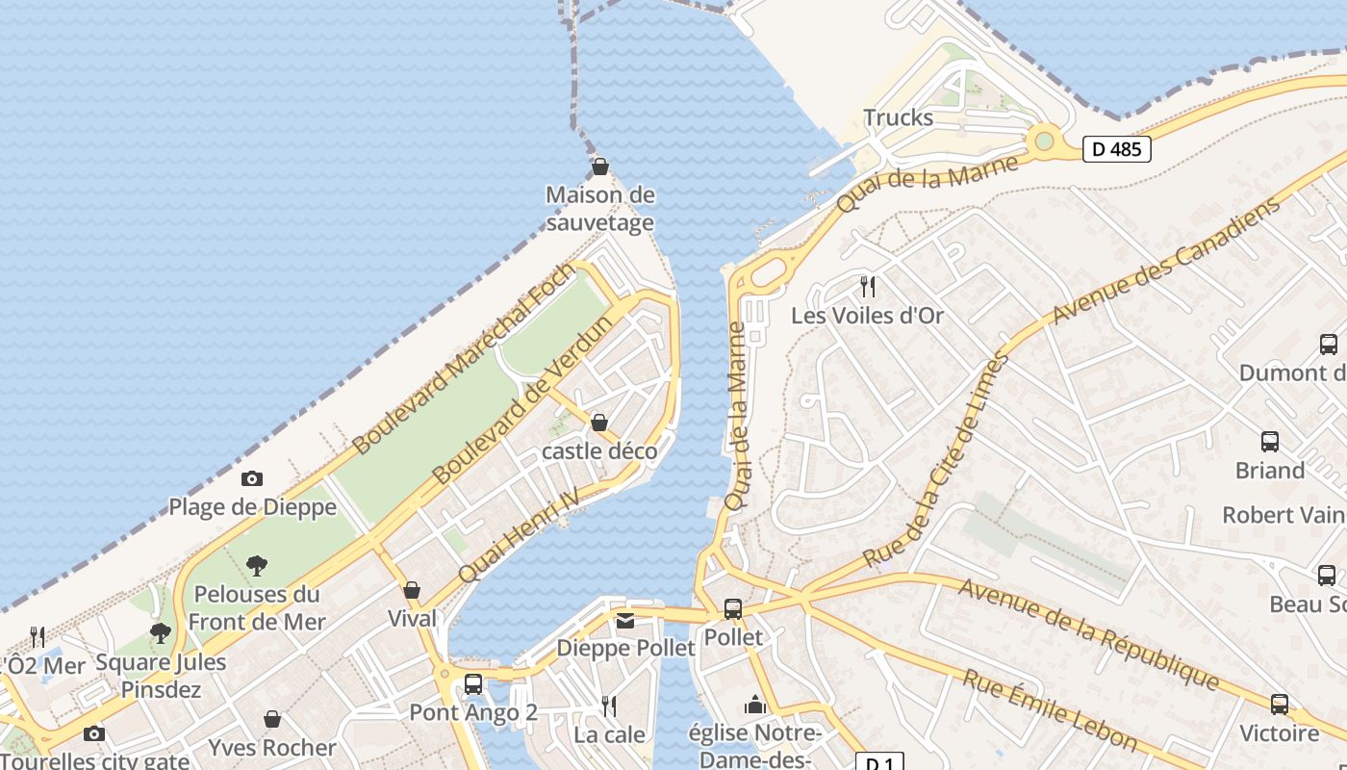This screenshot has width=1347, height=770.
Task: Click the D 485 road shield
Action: click(x=1117, y=149)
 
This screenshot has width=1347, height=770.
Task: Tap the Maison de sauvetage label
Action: click(x=600, y=209)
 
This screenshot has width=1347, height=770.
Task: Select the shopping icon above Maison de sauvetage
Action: click(x=600, y=167)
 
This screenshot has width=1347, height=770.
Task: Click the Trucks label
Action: click(x=898, y=117)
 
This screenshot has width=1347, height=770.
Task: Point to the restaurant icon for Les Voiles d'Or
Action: click(x=867, y=286)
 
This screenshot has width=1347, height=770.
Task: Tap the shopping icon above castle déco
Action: click(x=599, y=423)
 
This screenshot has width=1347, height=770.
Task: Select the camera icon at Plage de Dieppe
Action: click(x=252, y=478)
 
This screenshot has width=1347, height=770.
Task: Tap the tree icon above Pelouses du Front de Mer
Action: click(x=256, y=566)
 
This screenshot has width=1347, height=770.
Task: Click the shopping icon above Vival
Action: click(x=412, y=590)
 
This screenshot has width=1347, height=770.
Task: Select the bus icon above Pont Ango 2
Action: click(x=473, y=684)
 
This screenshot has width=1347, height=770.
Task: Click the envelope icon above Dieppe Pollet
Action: click(x=625, y=621)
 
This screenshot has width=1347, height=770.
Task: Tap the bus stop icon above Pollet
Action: click(x=733, y=609)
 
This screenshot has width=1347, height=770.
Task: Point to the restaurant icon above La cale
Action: click(x=609, y=706)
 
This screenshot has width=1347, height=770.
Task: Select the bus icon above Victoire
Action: click(x=1279, y=705)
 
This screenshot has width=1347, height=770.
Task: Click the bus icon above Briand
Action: click(x=1270, y=442)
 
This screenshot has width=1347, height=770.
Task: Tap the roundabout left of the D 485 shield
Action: click(x=1043, y=141)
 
